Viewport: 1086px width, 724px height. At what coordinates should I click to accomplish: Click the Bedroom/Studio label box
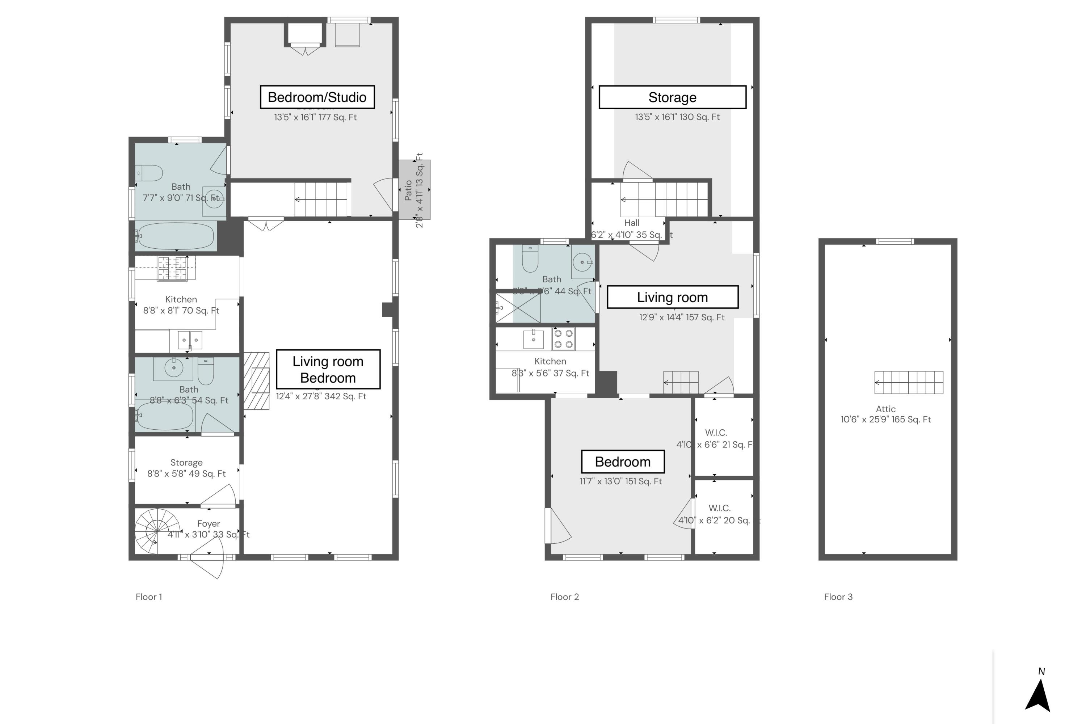pyautogui.click(x=317, y=97)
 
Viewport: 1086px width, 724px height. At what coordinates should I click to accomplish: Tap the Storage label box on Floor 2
pyautogui.click(x=672, y=97)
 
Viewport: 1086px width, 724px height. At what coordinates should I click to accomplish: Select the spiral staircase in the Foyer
pyautogui.click(x=157, y=531)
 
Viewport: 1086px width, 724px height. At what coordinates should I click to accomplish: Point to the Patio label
pyautogui.click(x=409, y=190)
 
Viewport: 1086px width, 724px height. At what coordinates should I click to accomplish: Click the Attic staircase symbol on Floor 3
pyautogui.click(x=909, y=382)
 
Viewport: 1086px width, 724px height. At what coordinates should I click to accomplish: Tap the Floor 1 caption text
pyautogui.click(x=149, y=597)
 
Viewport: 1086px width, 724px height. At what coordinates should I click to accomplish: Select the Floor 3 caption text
pyautogui.click(x=838, y=597)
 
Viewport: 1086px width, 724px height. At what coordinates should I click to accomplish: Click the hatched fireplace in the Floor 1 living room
pyautogui.click(x=256, y=381)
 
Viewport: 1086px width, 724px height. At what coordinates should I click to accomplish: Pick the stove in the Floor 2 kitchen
pyautogui.click(x=563, y=338)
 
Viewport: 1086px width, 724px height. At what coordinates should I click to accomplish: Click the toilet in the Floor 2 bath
pyautogui.click(x=530, y=260)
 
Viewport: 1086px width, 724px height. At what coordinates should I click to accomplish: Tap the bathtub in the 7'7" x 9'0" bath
pyautogui.click(x=176, y=236)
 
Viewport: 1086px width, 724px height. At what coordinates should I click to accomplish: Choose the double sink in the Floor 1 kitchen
pyautogui.click(x=190, y=340)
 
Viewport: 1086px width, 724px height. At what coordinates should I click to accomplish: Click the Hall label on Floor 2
pyautogui.click(x=631, y=223)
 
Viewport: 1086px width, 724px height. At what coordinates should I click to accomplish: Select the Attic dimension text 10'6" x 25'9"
pyautogui.click(x=885, y=419)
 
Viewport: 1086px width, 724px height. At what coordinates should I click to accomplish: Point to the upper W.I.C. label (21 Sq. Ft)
pyautogui.click(x=716, y=433)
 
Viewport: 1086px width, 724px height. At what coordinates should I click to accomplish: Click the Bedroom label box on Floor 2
pyautogui.click(x=622, y=462)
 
